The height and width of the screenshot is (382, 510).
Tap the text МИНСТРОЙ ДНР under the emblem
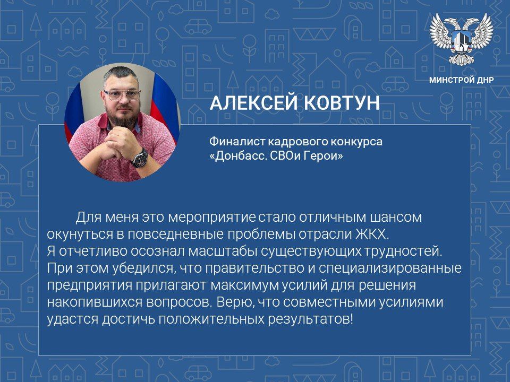pos(461,81)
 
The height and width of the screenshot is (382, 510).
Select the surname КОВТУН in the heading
pos(341,103)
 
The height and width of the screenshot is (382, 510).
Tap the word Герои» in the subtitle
pos(325,157)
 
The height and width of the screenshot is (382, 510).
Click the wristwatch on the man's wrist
pos(140,157)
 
